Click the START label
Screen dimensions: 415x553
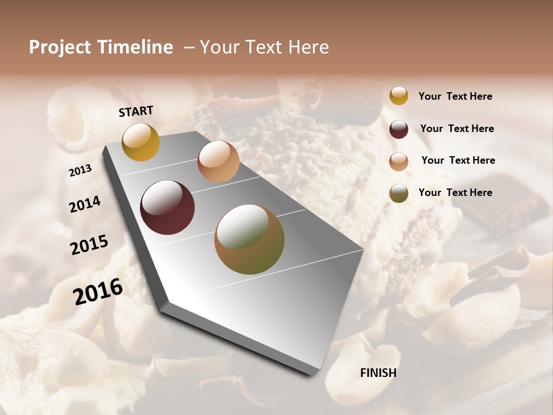136,111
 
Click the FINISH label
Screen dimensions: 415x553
378,373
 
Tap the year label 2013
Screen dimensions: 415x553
80,171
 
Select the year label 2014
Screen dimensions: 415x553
85,205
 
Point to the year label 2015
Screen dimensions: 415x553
89,245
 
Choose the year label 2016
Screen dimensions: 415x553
98,291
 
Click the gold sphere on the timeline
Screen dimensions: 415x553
141,142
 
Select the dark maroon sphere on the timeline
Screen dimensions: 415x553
167,207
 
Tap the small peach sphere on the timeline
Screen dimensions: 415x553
218,161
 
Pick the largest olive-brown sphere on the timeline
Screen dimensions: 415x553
249,239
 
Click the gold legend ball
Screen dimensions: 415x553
399,96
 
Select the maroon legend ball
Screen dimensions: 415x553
399,129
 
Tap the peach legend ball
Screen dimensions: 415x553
399,161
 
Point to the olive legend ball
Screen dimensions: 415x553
399,193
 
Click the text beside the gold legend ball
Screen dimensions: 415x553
455,97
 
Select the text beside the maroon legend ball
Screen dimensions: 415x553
457,129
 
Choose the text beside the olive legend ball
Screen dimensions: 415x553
455,193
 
